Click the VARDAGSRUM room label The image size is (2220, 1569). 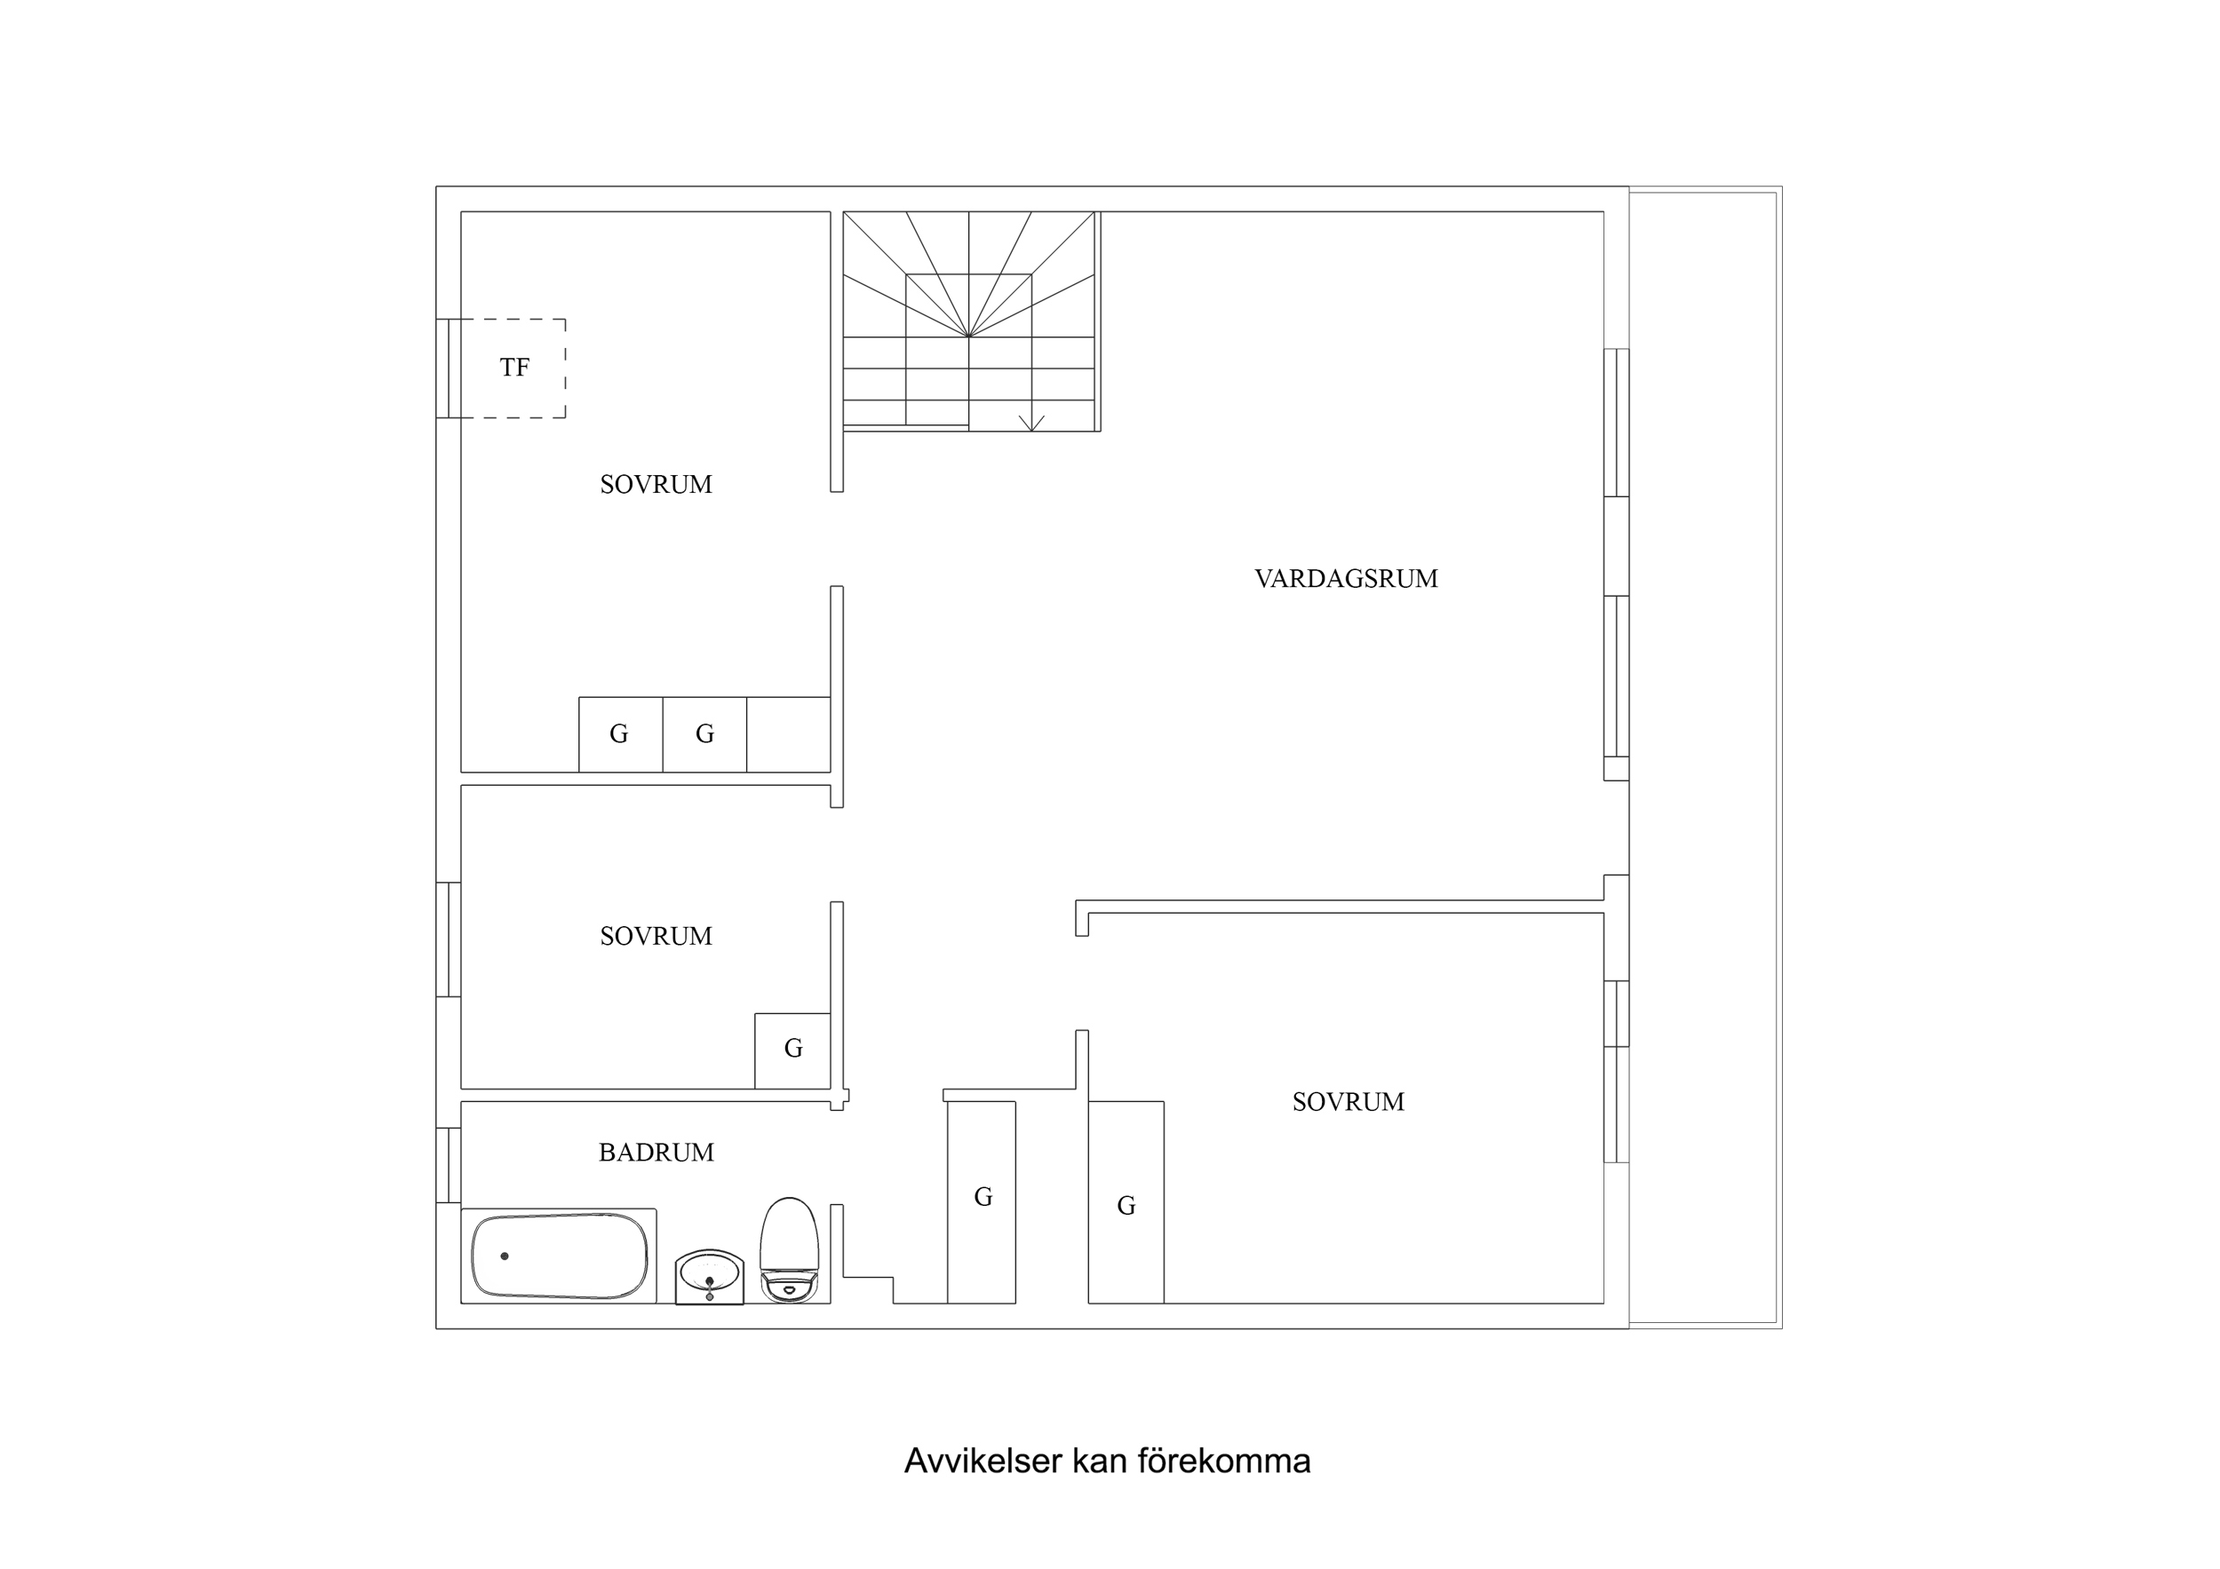pyautogui.click(x=1346, y=579)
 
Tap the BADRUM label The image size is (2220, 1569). pyautogui.click(x=656, y=1153)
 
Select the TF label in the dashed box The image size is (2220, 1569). pyautogui.click(x=514, y=368)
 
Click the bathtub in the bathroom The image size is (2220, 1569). pyautogui.click(x=559, y=1256)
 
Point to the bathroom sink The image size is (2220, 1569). pyautogui.click(x=709, y=1276)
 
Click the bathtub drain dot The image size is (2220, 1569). pyautogui.click(x=504, y=1256)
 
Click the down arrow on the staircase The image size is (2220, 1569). pyautogui.click(x=1031, y=424)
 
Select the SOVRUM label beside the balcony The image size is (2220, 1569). pyautogui.click(x=1348, y=1102)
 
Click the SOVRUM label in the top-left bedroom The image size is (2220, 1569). pyautogui.click(x=656, y=484)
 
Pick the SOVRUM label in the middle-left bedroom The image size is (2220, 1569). pyautogui.click(x=656, y=936)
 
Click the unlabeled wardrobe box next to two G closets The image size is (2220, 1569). pyautogui.click(x=788, y=734)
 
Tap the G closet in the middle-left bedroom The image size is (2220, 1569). pyautogui.click(x=792, y=1049)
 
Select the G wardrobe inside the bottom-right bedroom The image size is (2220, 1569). pyautogui.click(x=1126, y=1206)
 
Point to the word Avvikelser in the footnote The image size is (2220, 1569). pyautogui.click(x=983, y=1461)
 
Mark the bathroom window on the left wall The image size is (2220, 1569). pyautogui.click(x=448, y=1165)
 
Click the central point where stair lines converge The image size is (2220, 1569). pyautogui.click(x=968, y=337)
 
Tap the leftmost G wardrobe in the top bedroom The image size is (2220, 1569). pyautogui.click(x=620, y=734)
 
